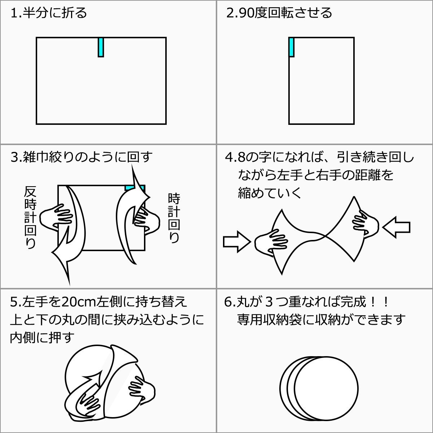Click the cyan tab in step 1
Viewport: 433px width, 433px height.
tap(101, 47)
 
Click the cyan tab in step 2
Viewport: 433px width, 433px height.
tap(291, 47)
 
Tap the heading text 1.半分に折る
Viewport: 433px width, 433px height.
tap(49, 13)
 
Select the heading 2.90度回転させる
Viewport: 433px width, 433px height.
tap(279, 13)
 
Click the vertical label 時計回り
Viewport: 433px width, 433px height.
tap(174, 218)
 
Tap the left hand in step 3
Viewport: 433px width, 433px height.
tap(54, 216)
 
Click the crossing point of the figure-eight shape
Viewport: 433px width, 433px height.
tap(325, 236)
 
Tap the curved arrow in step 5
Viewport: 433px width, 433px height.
tap(87, 393)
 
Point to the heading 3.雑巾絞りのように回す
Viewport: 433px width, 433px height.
tap(82, 157)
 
